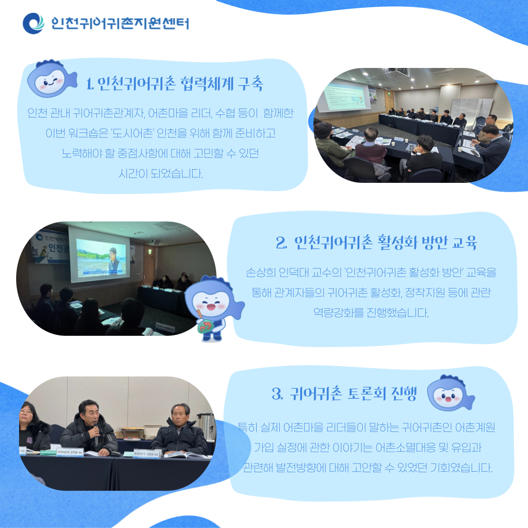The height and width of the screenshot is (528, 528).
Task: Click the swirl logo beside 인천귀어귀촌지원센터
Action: tap(33, 23)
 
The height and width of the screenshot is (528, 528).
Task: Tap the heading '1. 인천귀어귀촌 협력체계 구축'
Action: tap(175, 84)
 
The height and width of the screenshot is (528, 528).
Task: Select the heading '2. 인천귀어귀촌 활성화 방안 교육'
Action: tap(376, 242)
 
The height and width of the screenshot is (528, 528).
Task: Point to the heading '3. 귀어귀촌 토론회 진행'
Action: tap(345, 393)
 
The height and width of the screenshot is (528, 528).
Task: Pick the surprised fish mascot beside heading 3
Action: tap(450, 393)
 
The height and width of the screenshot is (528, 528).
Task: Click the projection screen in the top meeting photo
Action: tap(345, 97)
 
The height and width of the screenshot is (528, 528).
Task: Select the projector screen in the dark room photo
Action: tap(99, 255)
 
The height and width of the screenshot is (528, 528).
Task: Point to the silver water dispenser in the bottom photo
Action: tap(206, 427)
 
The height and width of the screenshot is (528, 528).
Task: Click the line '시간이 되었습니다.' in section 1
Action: tap(161, 174)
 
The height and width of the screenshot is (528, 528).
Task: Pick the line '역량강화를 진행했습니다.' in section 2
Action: tap(371, 313)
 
